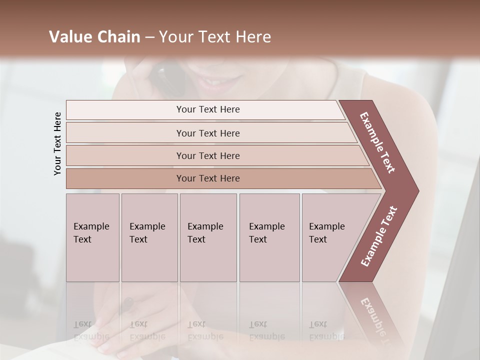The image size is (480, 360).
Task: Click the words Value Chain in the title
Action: tap(94, 37)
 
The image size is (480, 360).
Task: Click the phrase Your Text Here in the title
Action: tap(215, 37)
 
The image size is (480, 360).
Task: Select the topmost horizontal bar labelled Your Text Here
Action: tap(208, 109)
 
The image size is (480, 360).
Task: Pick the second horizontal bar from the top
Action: tap(208, 133)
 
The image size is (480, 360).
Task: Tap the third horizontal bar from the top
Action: tap(208, 155)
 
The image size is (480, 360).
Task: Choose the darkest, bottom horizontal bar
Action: tap(208, 178)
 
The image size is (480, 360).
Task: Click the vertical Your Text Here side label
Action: tap(57, 144)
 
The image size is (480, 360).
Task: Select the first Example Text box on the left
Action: tap(92, 237)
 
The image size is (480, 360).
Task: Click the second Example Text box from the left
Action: tap(148, 237)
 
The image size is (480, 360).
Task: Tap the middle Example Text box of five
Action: tap(207, 237)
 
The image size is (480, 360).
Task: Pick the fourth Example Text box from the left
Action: tap(269, 237)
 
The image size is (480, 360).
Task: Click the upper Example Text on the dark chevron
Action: tap(377, 142)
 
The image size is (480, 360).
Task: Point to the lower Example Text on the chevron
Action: tap(379, 236)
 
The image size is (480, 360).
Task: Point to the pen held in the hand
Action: tap(128, 303)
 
